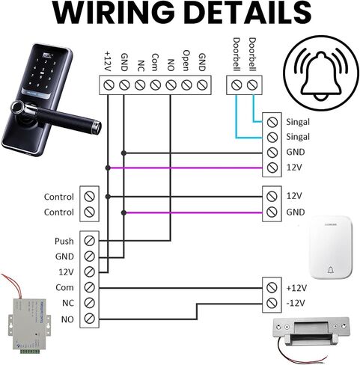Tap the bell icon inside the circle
coord(321,74)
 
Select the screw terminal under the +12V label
coord(109,85)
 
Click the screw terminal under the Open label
coord(186,85)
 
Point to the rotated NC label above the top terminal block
coord(141,66)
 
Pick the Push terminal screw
coord(89,241)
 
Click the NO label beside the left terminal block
coord(67,319)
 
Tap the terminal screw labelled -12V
coord(272,303)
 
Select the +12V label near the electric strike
coord(296,288)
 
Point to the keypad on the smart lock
coord(43,73)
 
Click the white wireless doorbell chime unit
coord(331,247)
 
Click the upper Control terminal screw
coord(89,197)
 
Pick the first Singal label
coord(298,122)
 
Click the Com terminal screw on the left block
coord(89,287)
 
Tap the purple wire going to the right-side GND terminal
coord(193,212)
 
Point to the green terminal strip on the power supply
coord(30,352)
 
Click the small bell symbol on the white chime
coord(331,270)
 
